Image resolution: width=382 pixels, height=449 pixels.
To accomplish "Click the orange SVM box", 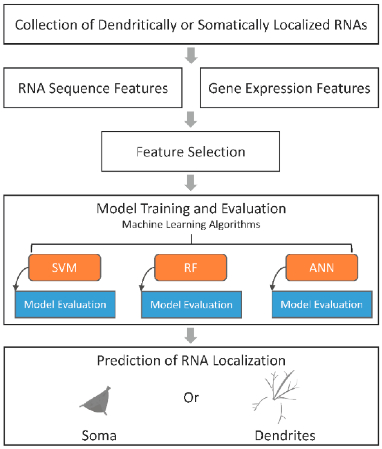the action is pyautogui.click(x=65, y=267).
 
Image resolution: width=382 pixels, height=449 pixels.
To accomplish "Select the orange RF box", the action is pyautogui.click(x=191, y=267).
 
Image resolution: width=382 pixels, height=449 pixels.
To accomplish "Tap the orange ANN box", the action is pyautogui.click(x=322, y=267).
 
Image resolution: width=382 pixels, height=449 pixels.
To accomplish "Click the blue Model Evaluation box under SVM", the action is pyautogui.click(x=65, y=305).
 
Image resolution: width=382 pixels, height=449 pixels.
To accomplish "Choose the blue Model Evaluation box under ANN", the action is pyautogui.click(x=322, y=305).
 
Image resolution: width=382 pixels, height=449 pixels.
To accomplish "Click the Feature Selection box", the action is pyautogui.click(x=191, y=151).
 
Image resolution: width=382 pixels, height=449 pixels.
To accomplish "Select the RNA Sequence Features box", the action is pyautogui.click(x=93, y=88).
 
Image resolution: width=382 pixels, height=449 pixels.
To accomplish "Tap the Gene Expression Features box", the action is pyautogui.click(x=289, y=88).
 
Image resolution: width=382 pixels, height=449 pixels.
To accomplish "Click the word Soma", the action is pyautogui.click(x=99, y=436).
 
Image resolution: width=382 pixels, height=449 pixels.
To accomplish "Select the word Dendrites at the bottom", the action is pyautogui.click(x=285, y=436).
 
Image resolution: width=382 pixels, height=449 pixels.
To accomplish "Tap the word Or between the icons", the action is pyautogui.click(x=191, y=397).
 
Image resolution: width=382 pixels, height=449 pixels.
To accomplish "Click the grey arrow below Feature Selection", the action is pyautogui.click(x=191, y=183).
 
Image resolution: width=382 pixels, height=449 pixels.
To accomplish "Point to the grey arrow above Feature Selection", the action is pyautogui.click(x=191, y=119).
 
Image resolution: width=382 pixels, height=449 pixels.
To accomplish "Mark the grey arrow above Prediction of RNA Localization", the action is pyautogui.click(x=191, y=336).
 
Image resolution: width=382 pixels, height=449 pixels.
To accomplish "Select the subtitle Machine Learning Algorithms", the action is pyautogui.click(x=191, y=225).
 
